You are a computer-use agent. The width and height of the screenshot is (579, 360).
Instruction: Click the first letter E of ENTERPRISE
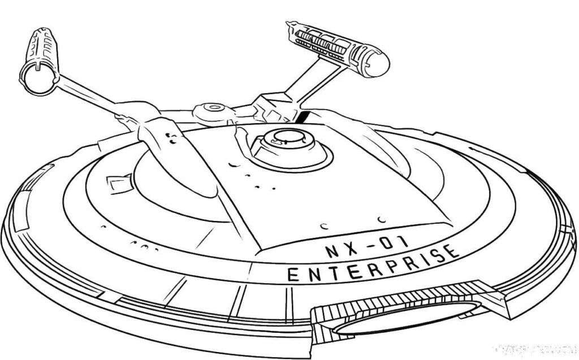click(x=293, y=275)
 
